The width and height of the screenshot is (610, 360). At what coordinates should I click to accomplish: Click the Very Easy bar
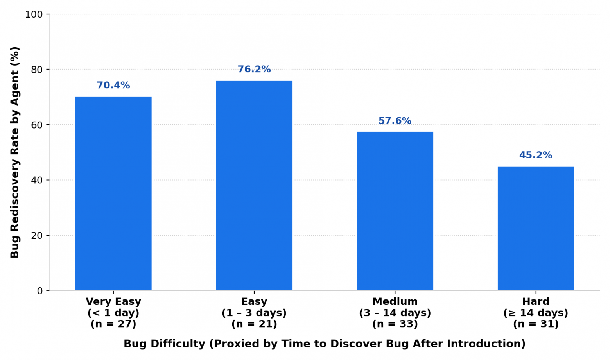pyautogui.click(x=113, y=193)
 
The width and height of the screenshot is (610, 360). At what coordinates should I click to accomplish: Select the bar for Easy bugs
pyautogui.click(x=254, y=185)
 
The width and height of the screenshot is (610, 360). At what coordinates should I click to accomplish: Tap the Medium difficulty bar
pyautogui.click(x=395, y=211)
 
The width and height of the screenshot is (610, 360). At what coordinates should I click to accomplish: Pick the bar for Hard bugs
pyautogui.click(x=536, y=228)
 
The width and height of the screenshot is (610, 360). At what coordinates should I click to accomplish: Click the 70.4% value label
pyautogui.click(x=113, y=85)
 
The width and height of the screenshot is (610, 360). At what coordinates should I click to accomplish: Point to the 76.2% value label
pyautogui.click(x=254, y=69)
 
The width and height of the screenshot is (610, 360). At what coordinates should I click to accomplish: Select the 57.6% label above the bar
pyautogui.click(x=395, y=121)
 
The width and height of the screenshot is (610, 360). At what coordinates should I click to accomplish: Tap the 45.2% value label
pyautogui.click(x=536, y=155)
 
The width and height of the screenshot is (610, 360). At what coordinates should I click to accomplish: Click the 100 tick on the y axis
pyautogui.click(x=34, y=14)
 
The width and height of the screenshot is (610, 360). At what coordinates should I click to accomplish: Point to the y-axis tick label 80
pyautogui.click(x=37, y=70)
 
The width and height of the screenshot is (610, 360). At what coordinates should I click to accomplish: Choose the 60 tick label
pyautogui.click(x=37, y=125)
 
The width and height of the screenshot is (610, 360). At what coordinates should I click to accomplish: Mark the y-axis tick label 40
pyautogui.click(x=37, y=180)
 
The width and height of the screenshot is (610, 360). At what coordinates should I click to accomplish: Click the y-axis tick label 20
pyautogui.click(x=37, y=236)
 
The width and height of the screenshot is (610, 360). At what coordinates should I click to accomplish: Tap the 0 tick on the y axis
pyautogui.click(x=40, y=291)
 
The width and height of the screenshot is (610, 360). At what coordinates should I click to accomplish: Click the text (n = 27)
pyautogui.click(x=113, y=324)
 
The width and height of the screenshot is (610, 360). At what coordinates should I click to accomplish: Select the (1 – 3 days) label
pyautogui.click(x=254, y=313)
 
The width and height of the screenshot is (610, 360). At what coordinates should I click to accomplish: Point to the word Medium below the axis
pyautogui.click(x=395, y=301)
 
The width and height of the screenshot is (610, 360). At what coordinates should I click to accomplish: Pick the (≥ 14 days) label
pyautogui.click(x=536, y=313)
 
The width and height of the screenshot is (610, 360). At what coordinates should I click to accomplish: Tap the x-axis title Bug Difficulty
pyautogui.click(x=164, y=344)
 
